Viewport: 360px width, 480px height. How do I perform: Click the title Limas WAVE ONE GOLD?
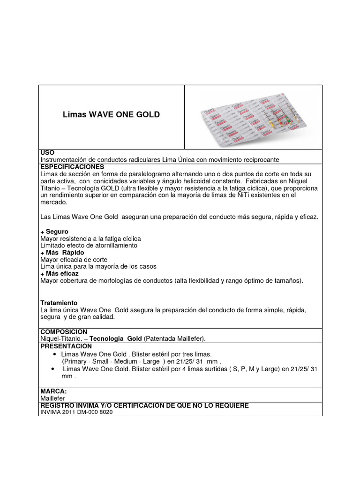pyautogui.click(x=111, y=115)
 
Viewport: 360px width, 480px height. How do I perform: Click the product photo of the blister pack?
pyautogui.click(x=253, y=117)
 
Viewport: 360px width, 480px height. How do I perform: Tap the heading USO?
pyautogui.click(x=47, y=153)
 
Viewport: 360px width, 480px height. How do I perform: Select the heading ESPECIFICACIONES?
pyautogui.click(x=72, y=167)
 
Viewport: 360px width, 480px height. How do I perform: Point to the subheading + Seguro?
pyautogui.click(x=54, y=232)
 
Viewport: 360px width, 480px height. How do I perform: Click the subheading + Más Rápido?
pyautogui.click(x=62, y=253)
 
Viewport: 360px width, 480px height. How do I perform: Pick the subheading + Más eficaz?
pyautogui.click(x=60, y=273)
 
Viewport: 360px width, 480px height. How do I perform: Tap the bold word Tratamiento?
pyautogui.click(x=59, y=303)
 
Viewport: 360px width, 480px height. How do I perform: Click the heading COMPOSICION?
pyautogui.click(x=64, y=331)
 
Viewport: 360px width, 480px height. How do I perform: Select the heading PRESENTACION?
pyautogui.click(x=66, y=345)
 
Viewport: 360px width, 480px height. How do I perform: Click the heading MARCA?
pyautogui.click(x=53, y=391)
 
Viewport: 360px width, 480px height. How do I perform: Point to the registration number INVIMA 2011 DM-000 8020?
pyautogui.click(x=76, y=412)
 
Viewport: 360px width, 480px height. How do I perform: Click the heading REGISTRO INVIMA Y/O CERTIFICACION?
pyautogui.click(x=144, y=405)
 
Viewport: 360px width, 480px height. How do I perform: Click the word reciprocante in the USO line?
pyautogui.click(x=261, y=160)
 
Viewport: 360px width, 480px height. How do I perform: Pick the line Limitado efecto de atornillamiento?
pyautogui.click(x=89, y=246)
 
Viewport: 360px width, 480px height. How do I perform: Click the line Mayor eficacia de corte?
pyautogui.click(x=74, y=260)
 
